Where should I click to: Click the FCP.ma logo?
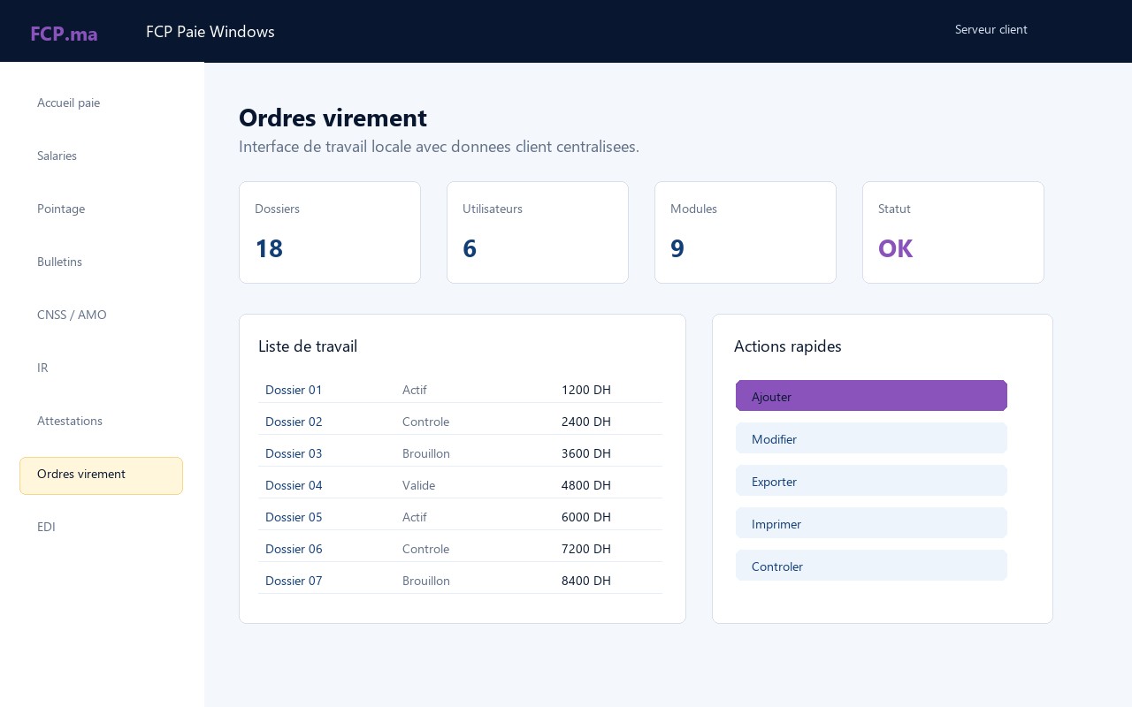tap(64, 34)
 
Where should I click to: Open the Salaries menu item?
tap(57, 156)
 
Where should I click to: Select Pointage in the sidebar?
tap(61, 209)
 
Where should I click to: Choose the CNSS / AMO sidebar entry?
tap(72, 315)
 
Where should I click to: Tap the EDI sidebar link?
tap(46, 527)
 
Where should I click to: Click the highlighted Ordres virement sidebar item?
tap(101, 475)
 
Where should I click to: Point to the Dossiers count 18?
tap(269, 248)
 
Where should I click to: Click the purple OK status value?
tap(895, 248)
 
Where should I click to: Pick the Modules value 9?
tap(677, 248)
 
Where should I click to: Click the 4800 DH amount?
tap(585, 485)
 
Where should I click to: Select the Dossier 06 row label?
tap(294, 549)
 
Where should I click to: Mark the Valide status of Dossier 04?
tap(418, 485)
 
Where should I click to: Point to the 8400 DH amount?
tap(585, 581)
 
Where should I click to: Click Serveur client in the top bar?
tap(990, 29)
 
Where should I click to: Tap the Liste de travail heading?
tap(307, 346)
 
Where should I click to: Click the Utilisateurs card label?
tap(493, 209)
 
